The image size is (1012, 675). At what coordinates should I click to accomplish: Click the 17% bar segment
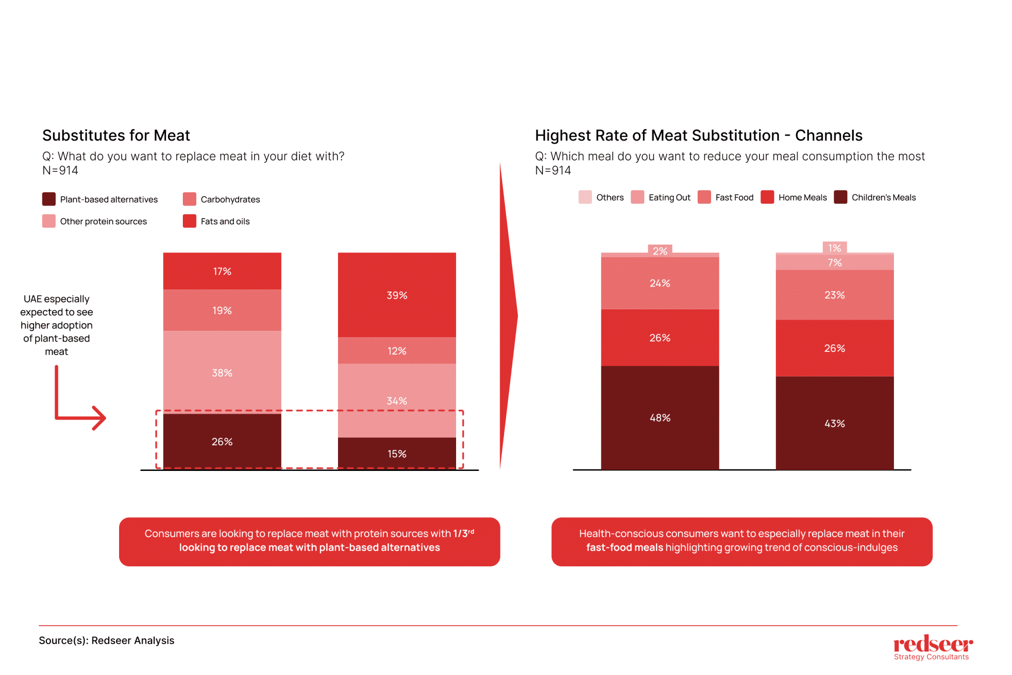[x=222, y=271]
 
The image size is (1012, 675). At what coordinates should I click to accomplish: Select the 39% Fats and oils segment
[x=397, y=295]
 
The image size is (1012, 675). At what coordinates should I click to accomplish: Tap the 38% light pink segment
[x=222, y=373]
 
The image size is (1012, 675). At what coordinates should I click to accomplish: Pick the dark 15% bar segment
[x=397, y=454]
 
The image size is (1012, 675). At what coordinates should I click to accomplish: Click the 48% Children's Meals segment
[x=660, y=418]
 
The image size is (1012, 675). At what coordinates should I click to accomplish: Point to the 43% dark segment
[x=835, y=423]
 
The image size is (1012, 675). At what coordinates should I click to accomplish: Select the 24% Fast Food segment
[x=660, y=283]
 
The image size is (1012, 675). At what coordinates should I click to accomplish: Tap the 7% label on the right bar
[x=835, y=262]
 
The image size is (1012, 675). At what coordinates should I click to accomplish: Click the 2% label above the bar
[x=660, y=251]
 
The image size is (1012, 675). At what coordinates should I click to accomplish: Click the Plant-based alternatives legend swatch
[x=49, y=199]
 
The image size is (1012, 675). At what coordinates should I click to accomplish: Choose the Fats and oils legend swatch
[x=189, y=221]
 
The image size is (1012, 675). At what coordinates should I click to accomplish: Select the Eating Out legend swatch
[x=637, y=197]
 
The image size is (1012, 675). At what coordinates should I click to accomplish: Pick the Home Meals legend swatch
[x=767, y=197]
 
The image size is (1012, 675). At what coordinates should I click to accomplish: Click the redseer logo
[x=932, y=647]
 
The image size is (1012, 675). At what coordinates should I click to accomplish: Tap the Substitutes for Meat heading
[x=116, y=135]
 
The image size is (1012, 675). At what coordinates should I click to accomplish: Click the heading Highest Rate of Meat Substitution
[x=698, y=135]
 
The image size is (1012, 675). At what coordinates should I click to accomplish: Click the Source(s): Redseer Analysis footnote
[x=106, y=640]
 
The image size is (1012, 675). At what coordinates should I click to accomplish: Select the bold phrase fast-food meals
[x=625, y=548]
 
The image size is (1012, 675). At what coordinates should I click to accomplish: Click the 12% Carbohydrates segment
[x=397, y=351]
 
